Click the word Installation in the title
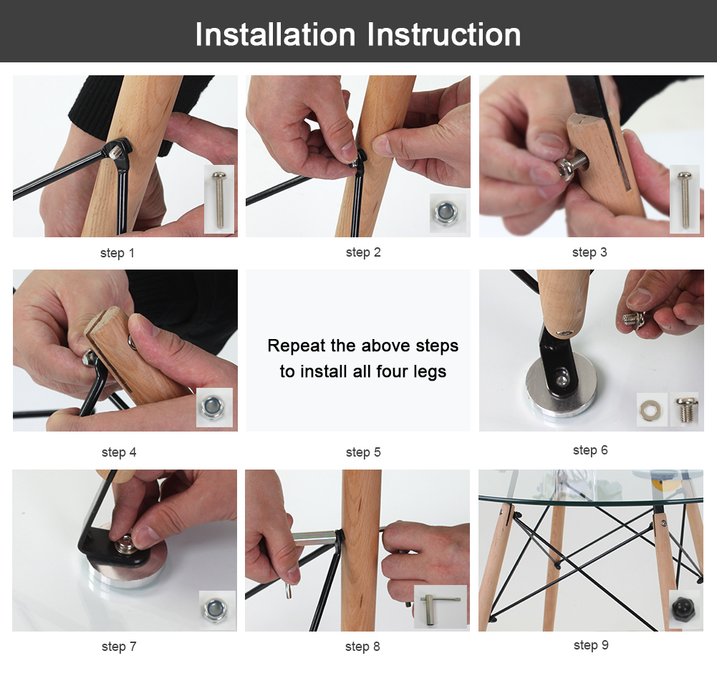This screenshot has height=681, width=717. [x=275, y=35]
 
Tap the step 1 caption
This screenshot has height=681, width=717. [x=117, y=253]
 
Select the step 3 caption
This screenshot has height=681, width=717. [x=590, y=252]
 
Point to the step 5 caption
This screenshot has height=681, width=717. [x=363, y=452]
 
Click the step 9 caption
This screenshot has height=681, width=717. [x=591, y=645]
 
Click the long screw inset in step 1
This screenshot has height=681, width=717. [x=219, y=199]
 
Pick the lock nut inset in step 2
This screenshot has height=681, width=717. [x=448, y=212]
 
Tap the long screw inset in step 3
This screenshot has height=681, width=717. [x=685, y=199]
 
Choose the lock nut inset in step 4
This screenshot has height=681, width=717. [x=214, y=407]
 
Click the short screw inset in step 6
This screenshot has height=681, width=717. [x=685, y=409]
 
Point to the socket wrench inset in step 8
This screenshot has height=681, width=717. [x=441, y=606]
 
